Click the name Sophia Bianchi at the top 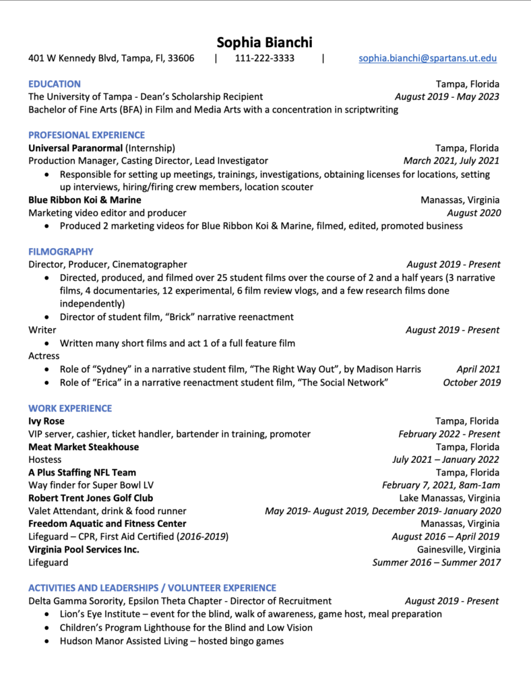pyautogui.click(x=265, y=42)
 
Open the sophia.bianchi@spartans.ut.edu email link pyautogui.click(x=428, y=58)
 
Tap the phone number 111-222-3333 pyautogui.click(x=265, y=58)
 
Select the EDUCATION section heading pyautogui.click(x=55, y=84)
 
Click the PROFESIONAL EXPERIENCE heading pyautogui.click(x=86, y=135)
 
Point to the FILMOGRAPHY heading pyautogui.click(x=61, y=251)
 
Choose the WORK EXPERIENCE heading pyautogui.click(x=70, y=408)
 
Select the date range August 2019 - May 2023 pyautogui.click(x=447, y=96)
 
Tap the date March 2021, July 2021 pyautogui.click(x=451, y=160)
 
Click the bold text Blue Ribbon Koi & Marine pyautogui.click(x=85, y=199)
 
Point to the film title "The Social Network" pyautogui.click(x=347, y=383)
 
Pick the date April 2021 pyautogui.click(x=478, y=369)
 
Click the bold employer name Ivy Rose pyautogui.click(x=46, y=421)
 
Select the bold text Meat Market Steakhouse pyautogui.click(x=84, y=447)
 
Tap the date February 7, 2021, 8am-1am pyautogui.click(x=441, y=485)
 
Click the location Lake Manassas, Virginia pyautogui.click(x=449, y=498)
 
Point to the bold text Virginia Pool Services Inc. pyautogui.click(x=84, y=549)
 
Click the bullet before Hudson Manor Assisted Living pyautogui.click(x=46, y=641)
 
